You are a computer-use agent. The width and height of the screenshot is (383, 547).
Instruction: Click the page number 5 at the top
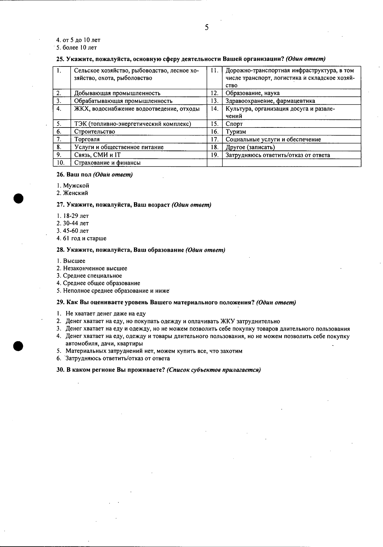tap(207, 27)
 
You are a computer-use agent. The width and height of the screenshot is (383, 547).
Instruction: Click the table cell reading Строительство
tap(94, 132)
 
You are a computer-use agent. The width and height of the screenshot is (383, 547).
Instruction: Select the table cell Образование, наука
tap(252, 93)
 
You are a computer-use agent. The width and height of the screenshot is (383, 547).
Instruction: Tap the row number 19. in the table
tap(214, 155)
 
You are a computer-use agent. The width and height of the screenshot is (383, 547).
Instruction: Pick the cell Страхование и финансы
tap(108, 163)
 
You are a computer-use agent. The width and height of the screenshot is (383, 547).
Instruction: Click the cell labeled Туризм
tap(236, 132)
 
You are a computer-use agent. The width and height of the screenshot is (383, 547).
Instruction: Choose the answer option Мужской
tap(76, 186)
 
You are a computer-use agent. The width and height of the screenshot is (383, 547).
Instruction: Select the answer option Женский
tap(75, 193)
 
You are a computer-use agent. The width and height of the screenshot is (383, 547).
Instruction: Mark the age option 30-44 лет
tap(76, 223)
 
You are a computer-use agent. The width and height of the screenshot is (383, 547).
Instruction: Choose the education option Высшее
tap(74, 261)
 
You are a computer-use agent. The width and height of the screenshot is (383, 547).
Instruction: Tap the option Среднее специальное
tap(92, 276)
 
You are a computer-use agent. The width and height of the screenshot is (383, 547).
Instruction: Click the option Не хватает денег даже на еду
tap(106, 314)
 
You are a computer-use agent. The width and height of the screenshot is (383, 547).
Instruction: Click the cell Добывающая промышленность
tap(117, 93)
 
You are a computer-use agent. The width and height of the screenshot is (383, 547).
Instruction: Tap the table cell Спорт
tap(234, 124)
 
